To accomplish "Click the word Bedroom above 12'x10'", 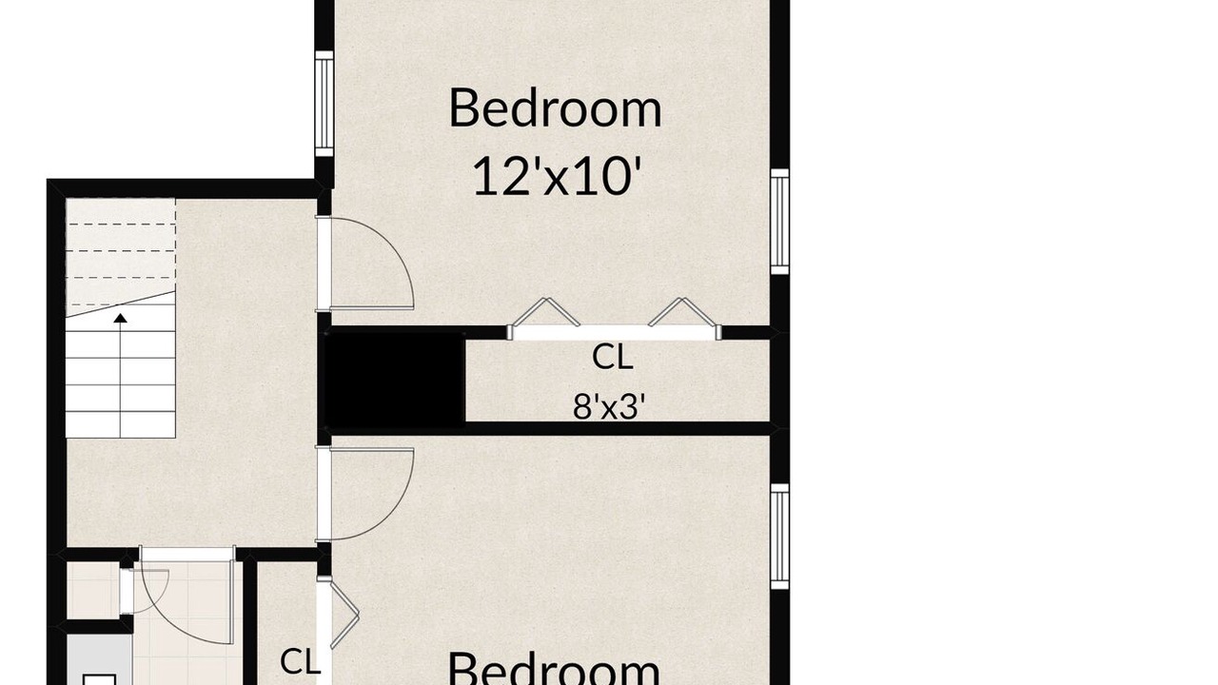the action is pyautogui.click(x=555, y=108).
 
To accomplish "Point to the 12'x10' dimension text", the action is pyautogui.click(x=554, y=176).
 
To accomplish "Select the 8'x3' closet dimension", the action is pyautogui.click(x=609, y=406).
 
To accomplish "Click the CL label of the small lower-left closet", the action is pyautogui.click(x=299, y=661).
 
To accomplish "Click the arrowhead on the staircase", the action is pyautogui.click(x=120, y=318).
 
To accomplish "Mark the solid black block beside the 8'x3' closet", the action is pyautogui.click(x=394, y=380).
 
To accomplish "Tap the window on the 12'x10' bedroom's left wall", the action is pyautogui.click(x=324, y=104).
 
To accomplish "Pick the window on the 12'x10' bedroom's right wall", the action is pyautogui.click(x=779, y=222).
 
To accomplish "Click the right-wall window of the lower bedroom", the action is pyautogui.click(x=779, y=536).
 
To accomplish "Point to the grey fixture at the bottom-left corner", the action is pyautogui.click(x=99, y=659).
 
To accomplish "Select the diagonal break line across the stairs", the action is pyautogui.click(x=121, y=303).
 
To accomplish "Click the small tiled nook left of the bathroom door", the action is pyautogui.click(x=92, y=590).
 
